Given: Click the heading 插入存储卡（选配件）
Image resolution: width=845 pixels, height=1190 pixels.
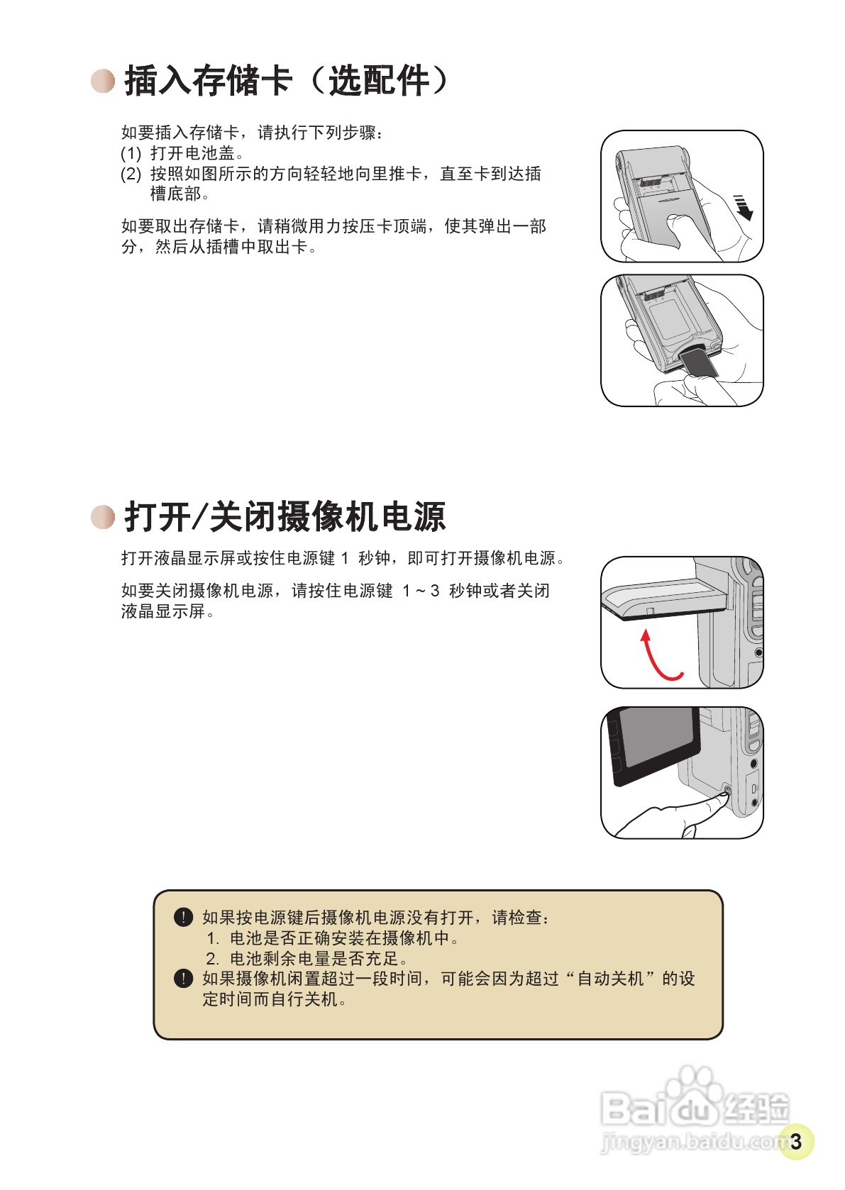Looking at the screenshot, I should point(287,80).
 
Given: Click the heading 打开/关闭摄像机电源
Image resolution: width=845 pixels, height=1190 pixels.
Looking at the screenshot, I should point(285,516).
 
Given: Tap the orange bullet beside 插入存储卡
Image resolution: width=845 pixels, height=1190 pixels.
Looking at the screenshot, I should point(103,81).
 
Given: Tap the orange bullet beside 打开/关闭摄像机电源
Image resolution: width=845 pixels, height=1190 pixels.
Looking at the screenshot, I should point(103,517).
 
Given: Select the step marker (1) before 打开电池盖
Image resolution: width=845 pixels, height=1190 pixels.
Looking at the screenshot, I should point(131,153).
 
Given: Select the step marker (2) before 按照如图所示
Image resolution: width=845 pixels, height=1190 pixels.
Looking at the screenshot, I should point(131,174).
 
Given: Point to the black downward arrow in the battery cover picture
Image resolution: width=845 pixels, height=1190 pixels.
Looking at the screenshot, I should point(743,207).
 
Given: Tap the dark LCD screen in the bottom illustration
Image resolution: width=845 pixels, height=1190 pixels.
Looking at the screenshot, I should point(657,742).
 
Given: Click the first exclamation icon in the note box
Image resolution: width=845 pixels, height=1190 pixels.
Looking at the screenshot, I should point(183,917).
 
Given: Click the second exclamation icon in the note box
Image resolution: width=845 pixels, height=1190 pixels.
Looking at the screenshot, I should point(183,979).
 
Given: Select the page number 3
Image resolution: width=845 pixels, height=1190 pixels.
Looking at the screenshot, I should point(796,1141).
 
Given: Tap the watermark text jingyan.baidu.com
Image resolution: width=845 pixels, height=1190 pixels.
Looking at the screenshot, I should point(692,1142).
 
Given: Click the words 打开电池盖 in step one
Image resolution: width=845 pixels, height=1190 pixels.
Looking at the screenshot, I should point(192,153).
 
